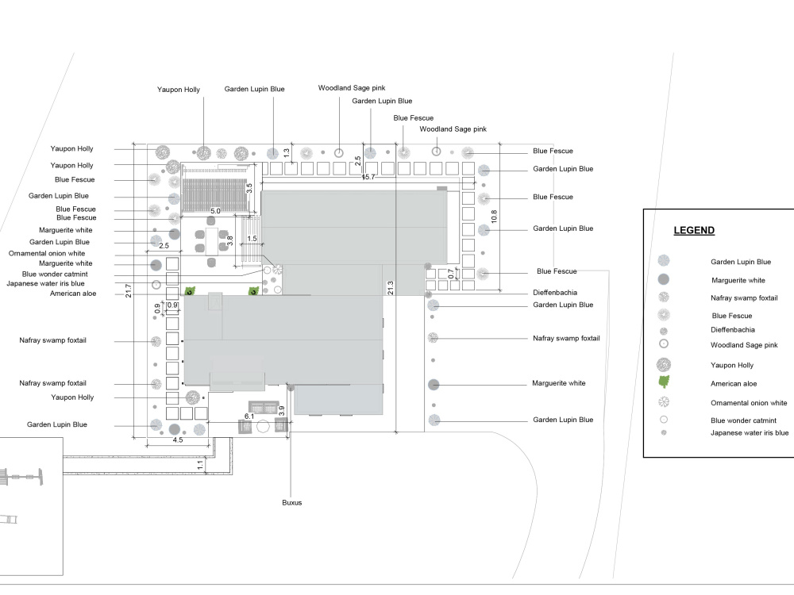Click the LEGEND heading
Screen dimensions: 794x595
click(x=694, y=230)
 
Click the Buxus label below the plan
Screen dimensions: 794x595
click(x=291, y=502)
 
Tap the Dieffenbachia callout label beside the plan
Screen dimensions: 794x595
click(x=555, y=293)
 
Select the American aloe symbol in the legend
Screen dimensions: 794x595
click(x=664, y=382)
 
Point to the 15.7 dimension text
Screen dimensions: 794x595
click(x=368, y=177)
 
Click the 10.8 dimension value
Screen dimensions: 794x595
click(x=494, y=217)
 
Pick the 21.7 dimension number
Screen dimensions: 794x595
click(x=129, y=290)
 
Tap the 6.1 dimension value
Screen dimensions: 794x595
click(x=249, y=416)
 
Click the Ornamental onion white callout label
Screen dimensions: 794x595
click(x=47, y=253)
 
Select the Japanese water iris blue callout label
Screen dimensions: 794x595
click(x=45, y=283)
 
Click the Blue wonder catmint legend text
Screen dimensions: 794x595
click(x=743, y=420)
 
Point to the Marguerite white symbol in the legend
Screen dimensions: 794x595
click(x=663, y=279)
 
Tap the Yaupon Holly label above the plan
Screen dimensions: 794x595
click(x=178, y=90)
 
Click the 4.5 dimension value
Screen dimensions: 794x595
click(x=178, y=440)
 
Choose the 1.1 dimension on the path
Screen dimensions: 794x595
click(x=201, y=464)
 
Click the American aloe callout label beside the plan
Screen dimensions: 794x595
click(x=73, y=294)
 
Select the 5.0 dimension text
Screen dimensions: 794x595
click(x=215, y=211)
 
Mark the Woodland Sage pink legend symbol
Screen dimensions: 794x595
click(x=663, y=344)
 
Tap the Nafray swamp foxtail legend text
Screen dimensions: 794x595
click(x=744, y=298)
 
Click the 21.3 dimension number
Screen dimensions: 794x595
click(x=391, y=288)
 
